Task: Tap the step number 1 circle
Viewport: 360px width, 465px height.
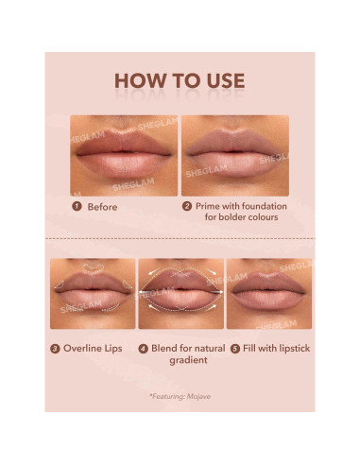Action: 77,205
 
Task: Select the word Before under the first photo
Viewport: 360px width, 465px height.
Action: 102,205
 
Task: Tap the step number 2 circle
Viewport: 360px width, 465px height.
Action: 187,205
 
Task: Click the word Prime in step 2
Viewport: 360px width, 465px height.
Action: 211,205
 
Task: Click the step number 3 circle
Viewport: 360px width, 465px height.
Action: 56,348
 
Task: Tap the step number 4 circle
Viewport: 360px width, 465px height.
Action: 143,348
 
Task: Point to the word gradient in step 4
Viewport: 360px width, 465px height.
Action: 188,361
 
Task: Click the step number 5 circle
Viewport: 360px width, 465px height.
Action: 234,348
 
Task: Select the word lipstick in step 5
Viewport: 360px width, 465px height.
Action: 289,348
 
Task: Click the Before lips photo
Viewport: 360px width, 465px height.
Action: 123,155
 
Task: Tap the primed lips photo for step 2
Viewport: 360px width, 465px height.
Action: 235,155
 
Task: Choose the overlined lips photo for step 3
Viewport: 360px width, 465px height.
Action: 92,293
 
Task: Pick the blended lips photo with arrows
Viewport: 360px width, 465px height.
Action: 180,293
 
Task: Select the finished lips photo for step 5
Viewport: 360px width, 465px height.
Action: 269,293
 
